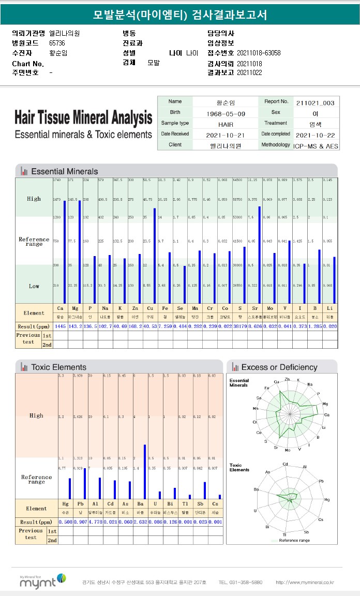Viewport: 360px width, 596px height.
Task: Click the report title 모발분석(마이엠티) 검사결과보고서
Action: coord(180,14)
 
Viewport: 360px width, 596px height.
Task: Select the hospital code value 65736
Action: coord(57,43)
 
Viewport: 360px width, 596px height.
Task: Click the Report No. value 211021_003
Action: coord(315,102)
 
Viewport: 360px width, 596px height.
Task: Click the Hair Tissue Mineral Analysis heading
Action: coord(83,118)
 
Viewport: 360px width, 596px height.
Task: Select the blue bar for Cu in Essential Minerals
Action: coord(155,256)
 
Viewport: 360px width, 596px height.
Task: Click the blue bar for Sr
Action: coord(260,255)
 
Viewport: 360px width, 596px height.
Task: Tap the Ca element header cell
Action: coord(60,308)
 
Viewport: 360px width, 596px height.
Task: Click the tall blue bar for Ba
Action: coord(144,471)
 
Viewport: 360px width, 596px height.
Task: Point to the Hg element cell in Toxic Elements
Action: coord(65,504)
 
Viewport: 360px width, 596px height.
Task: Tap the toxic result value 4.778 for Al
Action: coord(95,521)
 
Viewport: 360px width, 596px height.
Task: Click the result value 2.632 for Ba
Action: coord(140,521)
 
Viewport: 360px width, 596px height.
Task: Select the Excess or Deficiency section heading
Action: coord(279,367)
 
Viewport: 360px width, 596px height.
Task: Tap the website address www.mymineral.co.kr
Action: coord(305,583)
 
